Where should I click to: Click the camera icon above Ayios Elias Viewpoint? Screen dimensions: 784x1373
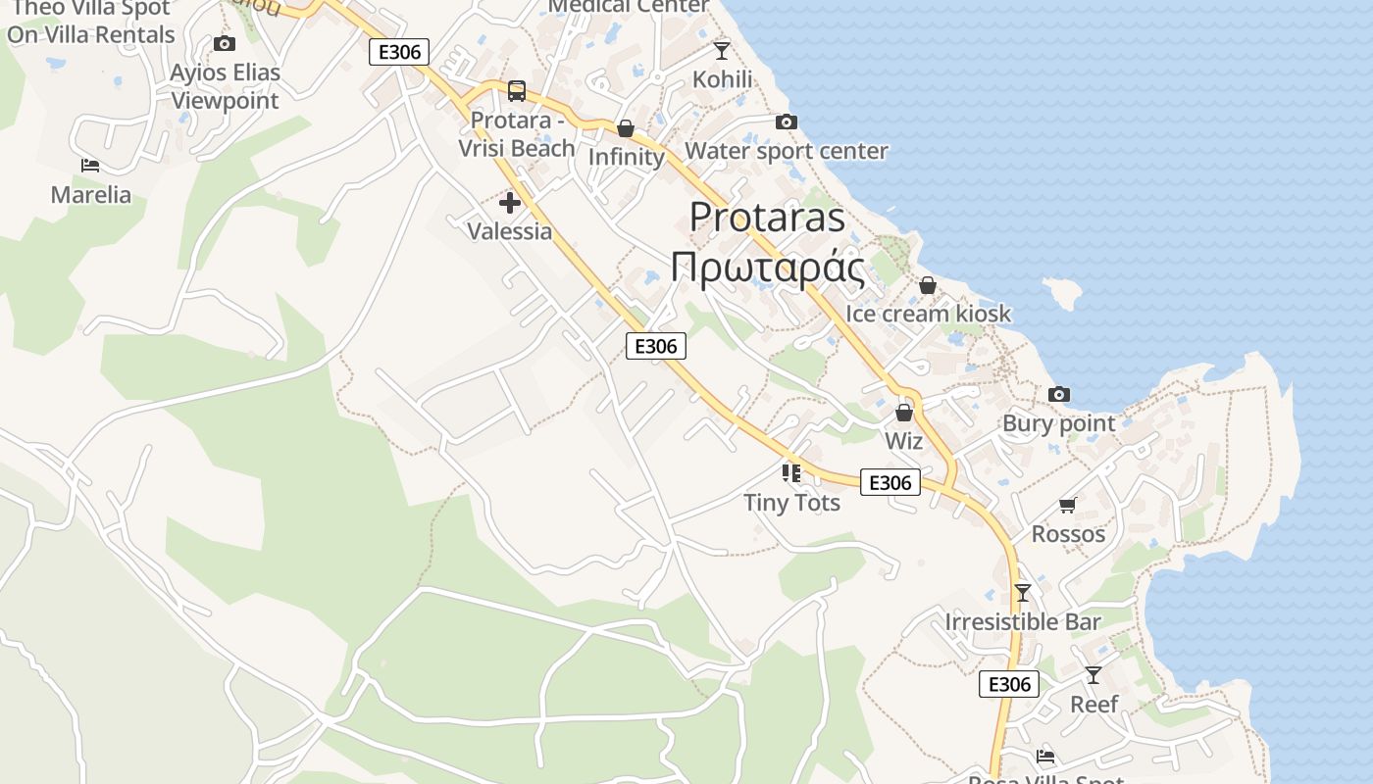pyautogui.click(x=225, y=43)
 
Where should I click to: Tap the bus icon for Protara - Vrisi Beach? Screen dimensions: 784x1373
pyautogui.click(x=517, y=91)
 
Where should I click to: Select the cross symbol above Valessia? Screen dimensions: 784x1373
pyautogui.click(x=510, y=203)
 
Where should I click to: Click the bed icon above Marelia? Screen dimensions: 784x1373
pyautogui.click(x=90, y=166)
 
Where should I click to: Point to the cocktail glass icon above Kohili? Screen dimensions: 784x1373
pyautogui.click(x=722, y=50)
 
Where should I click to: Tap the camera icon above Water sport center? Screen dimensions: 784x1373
pyautogui.click(x=786, y=122)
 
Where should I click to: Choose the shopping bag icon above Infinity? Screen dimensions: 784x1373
pyautogui.click(x=626, y=128)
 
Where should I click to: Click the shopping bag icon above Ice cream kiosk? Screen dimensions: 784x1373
pyautogui.click(x=927, y=285)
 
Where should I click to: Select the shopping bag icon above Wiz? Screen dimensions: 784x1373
pyautogui.click(x=904, y=413)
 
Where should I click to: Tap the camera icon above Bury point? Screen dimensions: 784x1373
pyautogui.click(x=1059, y=394)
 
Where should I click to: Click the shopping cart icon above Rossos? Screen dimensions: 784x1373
pyautogui.click(x=1068, y=505)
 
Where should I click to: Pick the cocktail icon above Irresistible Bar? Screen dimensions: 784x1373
pyautogui.click(x=1023, y=592)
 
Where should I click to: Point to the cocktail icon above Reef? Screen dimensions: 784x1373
pyautogui.click(x=1093, y=674)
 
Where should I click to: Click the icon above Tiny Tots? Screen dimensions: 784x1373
pyautogui.click(x=791, y=473)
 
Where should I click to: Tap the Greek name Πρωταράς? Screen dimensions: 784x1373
pyautogui.click(x=768, y=267)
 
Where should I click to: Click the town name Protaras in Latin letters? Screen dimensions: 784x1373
pyautogui.click(x=767, y=217)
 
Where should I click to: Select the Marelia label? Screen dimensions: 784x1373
pyautogui.click(x=91, y=194)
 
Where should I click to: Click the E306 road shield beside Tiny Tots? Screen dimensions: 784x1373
pyautogui.click(x=890, y=482)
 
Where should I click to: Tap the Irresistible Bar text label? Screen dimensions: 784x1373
pyautogui.click(x=1023, y=621)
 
